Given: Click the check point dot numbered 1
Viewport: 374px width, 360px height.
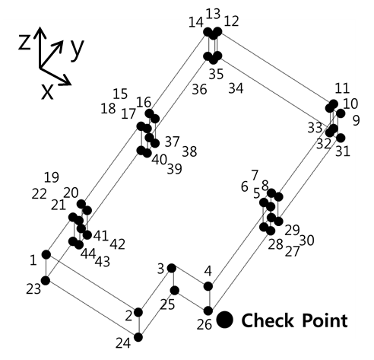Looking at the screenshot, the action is point(46,254).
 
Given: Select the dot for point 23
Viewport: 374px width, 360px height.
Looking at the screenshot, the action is point(46,281).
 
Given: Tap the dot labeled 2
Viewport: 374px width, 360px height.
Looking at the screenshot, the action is point(138,312).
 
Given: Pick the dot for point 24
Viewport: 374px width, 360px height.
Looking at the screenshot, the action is point(138,337).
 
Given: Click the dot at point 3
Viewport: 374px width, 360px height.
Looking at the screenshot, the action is point(172,268).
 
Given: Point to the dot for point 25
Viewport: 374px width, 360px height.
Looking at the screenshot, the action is point(175,291).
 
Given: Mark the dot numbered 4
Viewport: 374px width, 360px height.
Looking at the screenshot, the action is point(208,286).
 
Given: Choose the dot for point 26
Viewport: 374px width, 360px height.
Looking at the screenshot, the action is point(208,311).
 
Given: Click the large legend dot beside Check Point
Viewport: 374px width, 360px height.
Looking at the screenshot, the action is point(224,320).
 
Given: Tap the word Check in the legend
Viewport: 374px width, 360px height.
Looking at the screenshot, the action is point(268,320).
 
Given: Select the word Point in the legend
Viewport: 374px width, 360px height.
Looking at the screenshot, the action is point(325,320).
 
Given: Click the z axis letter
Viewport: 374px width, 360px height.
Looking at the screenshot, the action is point(25,42).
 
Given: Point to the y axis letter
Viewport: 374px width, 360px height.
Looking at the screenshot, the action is point(77,49).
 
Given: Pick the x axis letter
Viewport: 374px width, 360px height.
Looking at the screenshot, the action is point(47,91).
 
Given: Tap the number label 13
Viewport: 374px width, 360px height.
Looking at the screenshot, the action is point(213,14).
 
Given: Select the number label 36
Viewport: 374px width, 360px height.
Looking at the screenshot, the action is point(199,89).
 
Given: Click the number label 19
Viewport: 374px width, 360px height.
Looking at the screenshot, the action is point(52,177).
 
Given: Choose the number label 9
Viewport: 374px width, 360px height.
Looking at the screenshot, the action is point(356,120).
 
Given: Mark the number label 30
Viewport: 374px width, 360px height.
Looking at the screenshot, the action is point(306,241).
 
